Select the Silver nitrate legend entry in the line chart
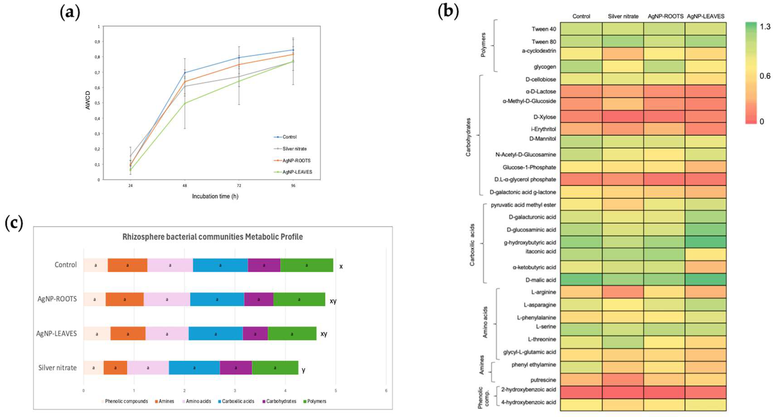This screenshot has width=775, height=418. [x=294, y=149]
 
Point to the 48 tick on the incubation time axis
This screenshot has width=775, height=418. [x=185, y=186]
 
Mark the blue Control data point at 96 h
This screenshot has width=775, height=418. [x=293, y=50]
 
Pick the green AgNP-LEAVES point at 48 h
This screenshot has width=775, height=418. [x=185, y=103]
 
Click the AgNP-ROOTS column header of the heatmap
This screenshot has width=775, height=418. [x=665, y=17]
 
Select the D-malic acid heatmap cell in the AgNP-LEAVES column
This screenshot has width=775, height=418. [x=705, y=280]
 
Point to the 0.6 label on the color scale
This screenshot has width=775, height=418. [x=765, y=76]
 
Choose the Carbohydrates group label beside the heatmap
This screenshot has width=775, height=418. [x=468, y=137]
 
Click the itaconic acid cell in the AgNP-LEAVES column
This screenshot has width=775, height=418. [x=705, y=254]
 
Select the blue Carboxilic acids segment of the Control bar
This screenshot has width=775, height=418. [x=220, y=265]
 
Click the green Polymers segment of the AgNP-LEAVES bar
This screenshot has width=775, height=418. [x=292, y=334]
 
